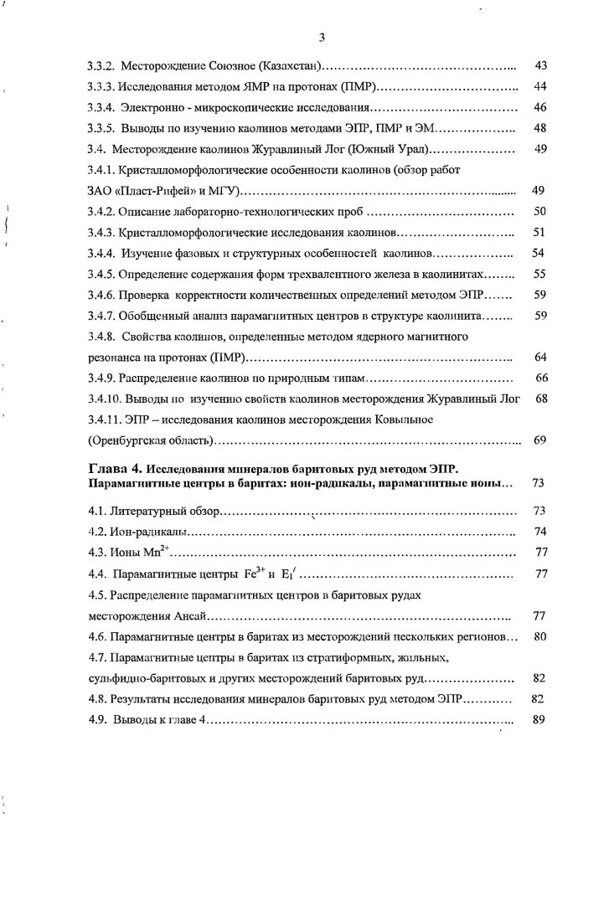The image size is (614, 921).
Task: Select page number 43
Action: click(540, 65)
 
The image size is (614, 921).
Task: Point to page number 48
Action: click(540, 129)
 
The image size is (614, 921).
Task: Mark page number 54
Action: click(540, 253)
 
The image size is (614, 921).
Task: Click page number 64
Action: click(540, 358)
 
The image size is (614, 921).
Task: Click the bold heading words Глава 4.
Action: click(118, 466)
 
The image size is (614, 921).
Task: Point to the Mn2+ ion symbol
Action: click(154, 552)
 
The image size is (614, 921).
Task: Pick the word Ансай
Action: click(184, 617)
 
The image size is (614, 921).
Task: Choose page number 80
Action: click(540, 637)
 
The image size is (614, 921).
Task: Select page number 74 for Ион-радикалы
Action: click(540, 532)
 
